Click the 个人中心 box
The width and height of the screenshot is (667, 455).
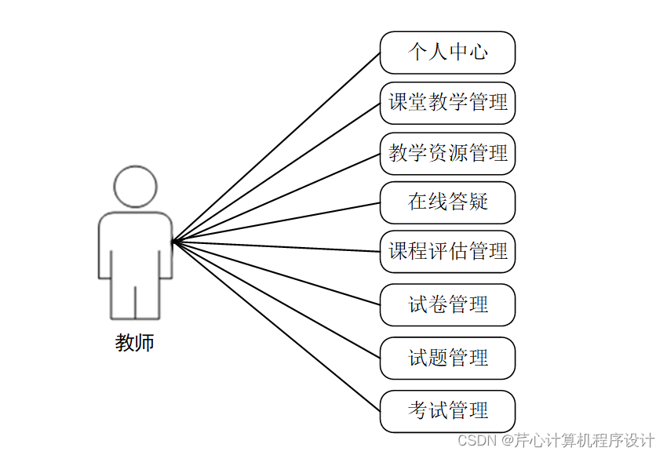pos(447,53)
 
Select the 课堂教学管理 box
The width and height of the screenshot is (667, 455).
pos(447,103)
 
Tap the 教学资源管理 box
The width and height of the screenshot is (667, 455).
pos(447,153)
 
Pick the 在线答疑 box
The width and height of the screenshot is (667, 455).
pos(447,202)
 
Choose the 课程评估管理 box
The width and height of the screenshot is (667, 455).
pos(447,252)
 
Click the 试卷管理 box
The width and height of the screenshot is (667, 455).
pos(447,304)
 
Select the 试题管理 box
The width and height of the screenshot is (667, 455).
pos(447,358)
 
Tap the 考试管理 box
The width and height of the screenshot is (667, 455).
pos(447,410)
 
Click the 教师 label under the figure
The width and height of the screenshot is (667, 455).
pos(135,343)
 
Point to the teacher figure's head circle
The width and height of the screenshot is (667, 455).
pos(135,187)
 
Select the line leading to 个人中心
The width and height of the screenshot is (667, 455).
pos(276,147)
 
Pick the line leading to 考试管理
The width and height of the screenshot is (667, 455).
pos(276,326)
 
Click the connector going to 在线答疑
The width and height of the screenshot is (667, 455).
pos(276,222)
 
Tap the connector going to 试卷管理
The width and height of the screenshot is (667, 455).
pos(276,273)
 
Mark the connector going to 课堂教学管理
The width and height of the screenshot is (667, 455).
pos(276,173)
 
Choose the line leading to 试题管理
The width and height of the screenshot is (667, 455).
pos(276,299)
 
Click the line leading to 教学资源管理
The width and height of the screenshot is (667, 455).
pos(276,198)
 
